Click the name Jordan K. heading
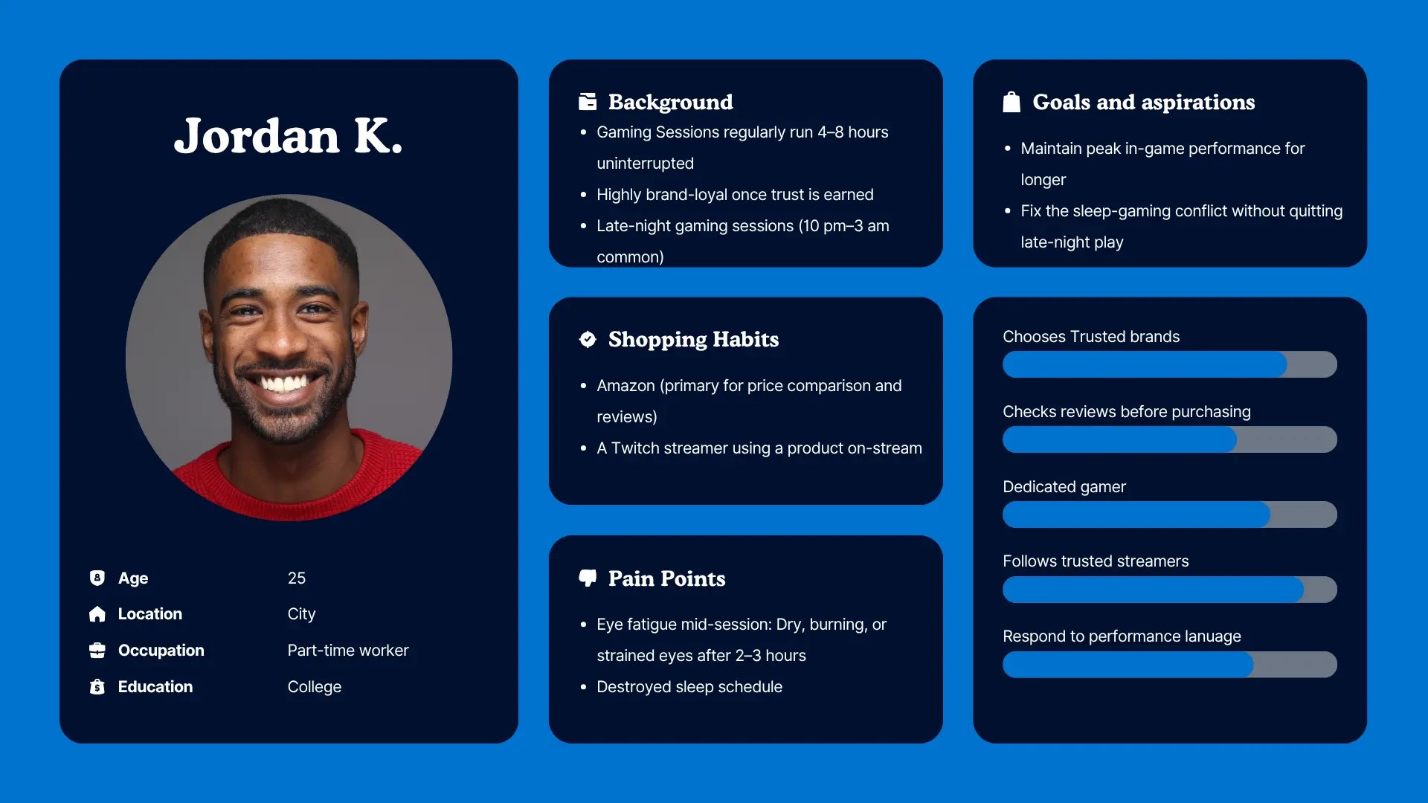289,136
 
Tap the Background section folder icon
588,102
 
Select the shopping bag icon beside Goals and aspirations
1011,102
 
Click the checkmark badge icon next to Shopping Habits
588,339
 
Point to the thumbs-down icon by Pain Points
588,578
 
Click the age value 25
297,578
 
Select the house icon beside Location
97,614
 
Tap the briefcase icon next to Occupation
97,651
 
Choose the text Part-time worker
348,651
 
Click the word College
315,687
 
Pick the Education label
155,687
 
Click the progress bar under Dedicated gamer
1170,515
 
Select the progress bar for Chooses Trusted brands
1170,364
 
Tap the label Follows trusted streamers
1096,561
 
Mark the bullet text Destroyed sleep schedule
689,687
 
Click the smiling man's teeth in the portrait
283,384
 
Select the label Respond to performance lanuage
1122,636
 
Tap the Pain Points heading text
666,578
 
